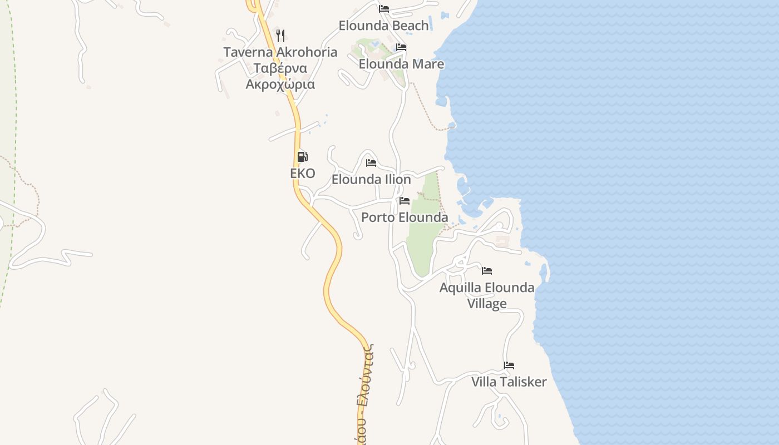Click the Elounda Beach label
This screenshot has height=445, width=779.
(383, 26)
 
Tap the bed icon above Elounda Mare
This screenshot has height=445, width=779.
(401, 47)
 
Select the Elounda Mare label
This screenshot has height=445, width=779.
(401, 64)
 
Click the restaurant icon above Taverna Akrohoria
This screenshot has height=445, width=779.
(280, 36)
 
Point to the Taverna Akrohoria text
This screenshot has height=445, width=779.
(280, 52)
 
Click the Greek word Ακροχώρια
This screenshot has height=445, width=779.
(280, 85)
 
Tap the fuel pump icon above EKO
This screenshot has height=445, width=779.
(302, 157)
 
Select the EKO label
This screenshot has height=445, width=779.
(302, 174)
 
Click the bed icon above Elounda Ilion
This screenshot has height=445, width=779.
(371, 163)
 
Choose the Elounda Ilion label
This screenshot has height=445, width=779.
(371, 180)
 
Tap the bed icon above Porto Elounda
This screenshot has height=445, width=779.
(405, 201)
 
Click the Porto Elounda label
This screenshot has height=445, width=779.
(405, 217)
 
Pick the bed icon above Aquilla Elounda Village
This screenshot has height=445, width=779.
(487, 271)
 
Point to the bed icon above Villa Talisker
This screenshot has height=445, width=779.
(509, 365)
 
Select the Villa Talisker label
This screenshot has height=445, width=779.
(509, 382)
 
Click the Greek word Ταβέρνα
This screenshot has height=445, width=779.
(280, 68)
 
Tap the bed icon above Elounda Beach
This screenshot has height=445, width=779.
(384, 9)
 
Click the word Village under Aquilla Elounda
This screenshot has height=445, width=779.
(487, 304)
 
